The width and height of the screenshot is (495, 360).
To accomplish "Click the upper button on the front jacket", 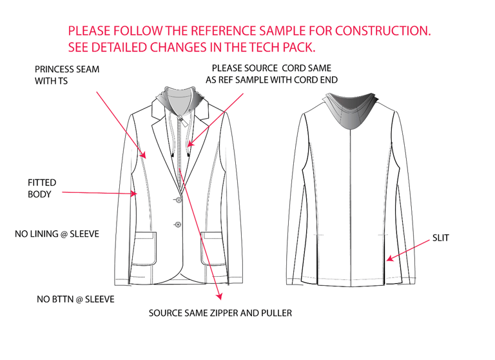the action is coord(177,201).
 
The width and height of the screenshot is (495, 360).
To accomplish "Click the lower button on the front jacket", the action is coord(178,225).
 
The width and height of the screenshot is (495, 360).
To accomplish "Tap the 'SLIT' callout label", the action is coord(442,238).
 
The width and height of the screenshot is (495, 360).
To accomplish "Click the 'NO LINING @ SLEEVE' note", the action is coord(57,234).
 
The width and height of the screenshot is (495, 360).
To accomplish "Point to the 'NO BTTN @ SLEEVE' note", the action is coord(76,300).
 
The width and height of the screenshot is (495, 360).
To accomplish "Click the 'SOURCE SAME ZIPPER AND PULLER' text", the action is coord(220,313).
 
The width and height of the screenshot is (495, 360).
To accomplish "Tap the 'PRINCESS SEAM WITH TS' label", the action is coord(67,75).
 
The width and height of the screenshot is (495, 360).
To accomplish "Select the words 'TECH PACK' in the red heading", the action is coord(282,47).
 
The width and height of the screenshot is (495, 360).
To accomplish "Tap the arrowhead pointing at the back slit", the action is coord(388,259).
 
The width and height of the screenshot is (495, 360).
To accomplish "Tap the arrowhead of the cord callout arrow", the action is coord(191,144).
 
